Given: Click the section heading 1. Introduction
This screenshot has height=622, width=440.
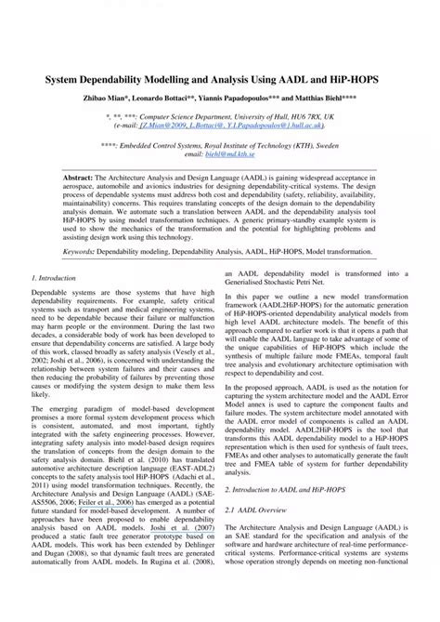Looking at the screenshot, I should pyautogui.click(x=55, y=278).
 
